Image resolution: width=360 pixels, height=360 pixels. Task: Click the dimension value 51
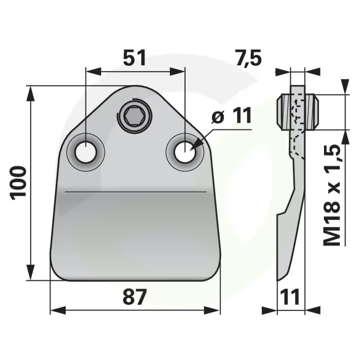[134, 58]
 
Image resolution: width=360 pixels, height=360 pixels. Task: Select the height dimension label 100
[18, 183]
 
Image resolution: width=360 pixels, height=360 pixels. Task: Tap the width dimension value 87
[135, 297]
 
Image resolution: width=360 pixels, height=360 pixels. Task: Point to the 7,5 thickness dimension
[248, 58]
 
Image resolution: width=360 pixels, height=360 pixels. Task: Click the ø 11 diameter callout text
[232, 116]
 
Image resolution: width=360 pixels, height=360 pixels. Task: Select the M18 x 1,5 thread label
[331, 196]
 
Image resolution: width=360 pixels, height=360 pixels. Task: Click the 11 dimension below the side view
[290, 297]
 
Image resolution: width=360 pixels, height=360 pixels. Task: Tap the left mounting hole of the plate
[85, 152]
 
